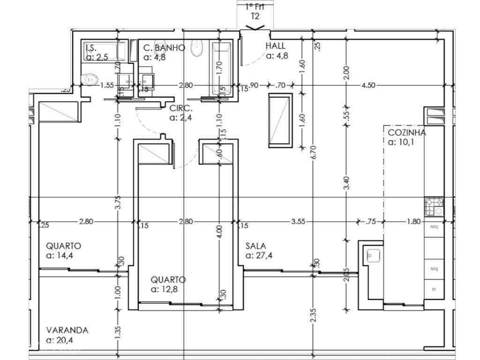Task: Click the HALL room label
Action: (x=276, y=46)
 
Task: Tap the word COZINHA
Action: (x=406, y=133)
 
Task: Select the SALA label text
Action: (x=256, y=246)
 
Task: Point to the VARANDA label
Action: (x=67, y=330)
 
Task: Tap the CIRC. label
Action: (x=180, y=108)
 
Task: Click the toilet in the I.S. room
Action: (x=89, y=79)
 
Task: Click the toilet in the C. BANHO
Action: (x=197, y=48)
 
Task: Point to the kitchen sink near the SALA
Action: (x=373, y=255)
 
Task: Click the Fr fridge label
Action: (x=434, y=290)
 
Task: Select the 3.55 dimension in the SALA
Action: (x=299, y=222)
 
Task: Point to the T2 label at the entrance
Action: (x=255, y=16)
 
